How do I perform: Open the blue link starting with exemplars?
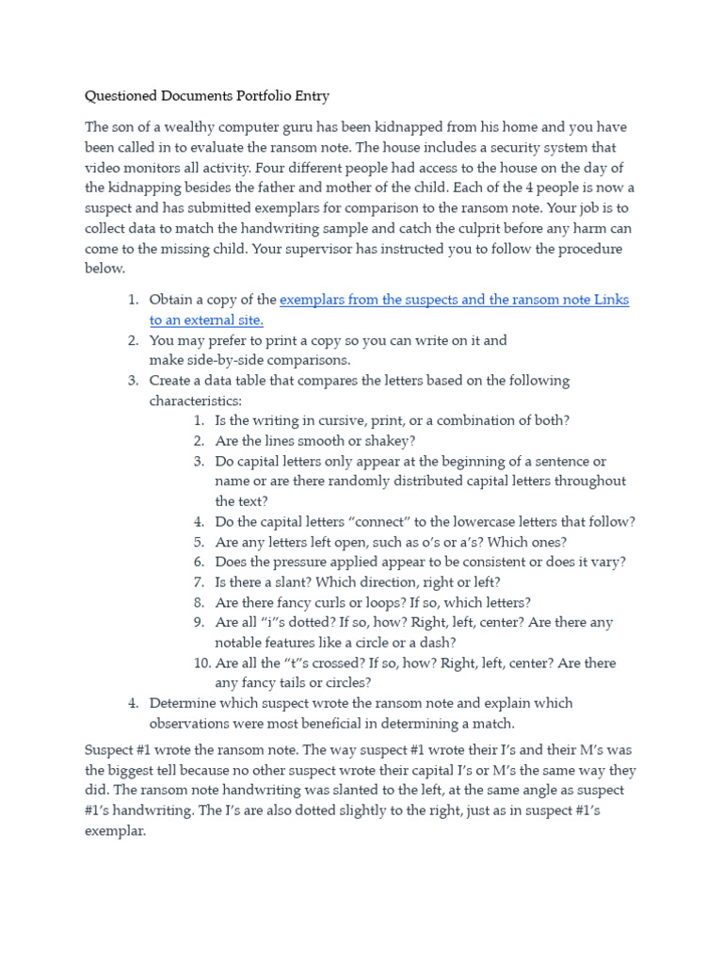(x=454, y=300)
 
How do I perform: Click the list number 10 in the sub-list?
(x=201, y=662)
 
